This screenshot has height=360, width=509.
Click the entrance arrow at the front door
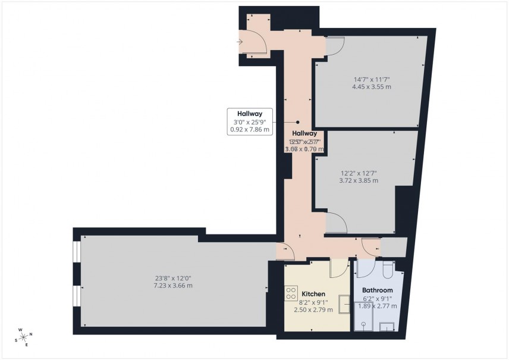(x=240, y=42)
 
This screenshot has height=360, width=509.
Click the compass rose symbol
(x=23, y=337)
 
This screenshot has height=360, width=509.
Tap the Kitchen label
(x=313, y=294)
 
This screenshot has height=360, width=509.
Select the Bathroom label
(x=377, y=290)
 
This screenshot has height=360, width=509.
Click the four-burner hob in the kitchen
(x=291, y=293)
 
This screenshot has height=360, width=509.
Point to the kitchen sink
(x=344, y=304)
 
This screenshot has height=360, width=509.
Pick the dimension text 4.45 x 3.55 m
(x=371, y=87)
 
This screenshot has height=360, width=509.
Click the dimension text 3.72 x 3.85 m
(x=359, y=180)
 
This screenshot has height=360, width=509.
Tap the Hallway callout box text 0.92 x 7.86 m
(x=250, y=129)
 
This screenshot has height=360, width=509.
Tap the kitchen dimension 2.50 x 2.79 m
(x=313, y=309)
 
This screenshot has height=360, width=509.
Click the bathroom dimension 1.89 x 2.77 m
(x=377, y=306)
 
